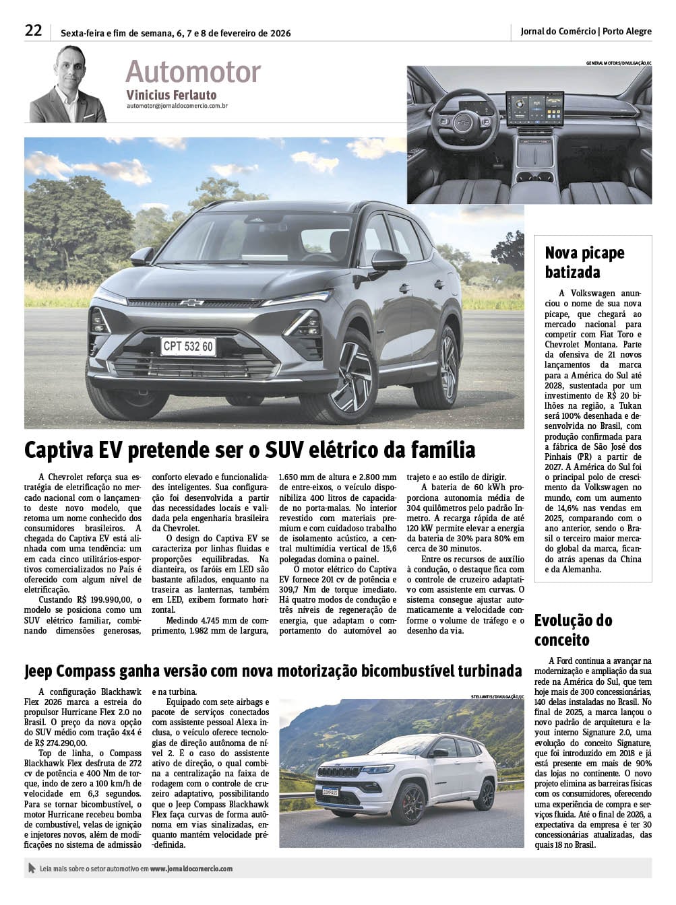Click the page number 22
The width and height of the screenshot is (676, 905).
(33, 31)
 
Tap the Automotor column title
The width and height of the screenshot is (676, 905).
(193, 72)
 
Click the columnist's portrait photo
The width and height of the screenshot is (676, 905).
(67, 84)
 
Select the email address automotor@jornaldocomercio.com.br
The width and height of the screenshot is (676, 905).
(177, 106)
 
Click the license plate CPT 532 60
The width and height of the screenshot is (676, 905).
(188, 347)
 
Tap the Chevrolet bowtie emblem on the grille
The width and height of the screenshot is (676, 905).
(191, 302)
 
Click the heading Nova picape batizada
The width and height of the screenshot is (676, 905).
(585, 263)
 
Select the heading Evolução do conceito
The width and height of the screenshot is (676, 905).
(573, 630)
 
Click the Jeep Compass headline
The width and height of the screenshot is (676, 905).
(273, 671)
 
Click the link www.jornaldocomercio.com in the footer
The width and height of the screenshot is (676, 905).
(191, 869)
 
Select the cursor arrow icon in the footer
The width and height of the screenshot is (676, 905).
(32, 869)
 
